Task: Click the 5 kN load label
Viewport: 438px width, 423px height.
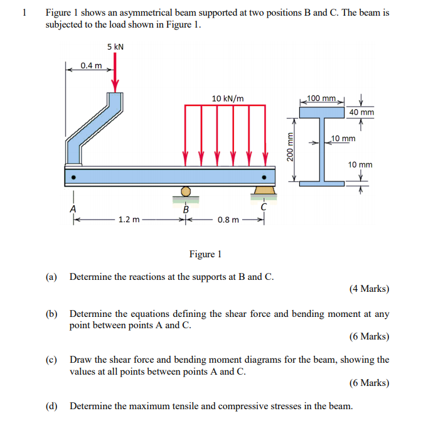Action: pyautogui.click(x=115, y=47)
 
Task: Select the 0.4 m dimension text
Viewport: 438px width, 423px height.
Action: pyautogui.click(x=91, y=65)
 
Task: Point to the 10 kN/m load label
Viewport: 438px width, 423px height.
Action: pyautogui.click(x=228, y=98)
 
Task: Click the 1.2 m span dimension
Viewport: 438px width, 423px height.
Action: pyautogui.click(x=128, y=220)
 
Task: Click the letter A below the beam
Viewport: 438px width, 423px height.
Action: pyautogui.click(x=73, y=208)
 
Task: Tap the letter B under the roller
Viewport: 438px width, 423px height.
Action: pyautogui.click(x=185, y=209)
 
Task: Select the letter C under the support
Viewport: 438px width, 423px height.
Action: pyautogui.click(x=264, y=207)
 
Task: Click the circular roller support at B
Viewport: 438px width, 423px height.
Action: pyautogui.click(x=185, y=191)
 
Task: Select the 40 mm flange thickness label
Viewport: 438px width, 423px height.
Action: pyautogui.click(x=361, y=112)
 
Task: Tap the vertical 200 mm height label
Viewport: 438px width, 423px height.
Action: pyautogui.click(x=290, y=148)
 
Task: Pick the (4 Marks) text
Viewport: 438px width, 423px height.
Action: pyautogui.click(x=368, y=289)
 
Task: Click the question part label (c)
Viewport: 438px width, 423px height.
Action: pyautogui.click(x=51, y=360)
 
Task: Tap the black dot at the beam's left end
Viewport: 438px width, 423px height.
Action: pyautogui.click(x=73, y=177)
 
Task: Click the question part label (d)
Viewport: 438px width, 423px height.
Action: pyautogui.click(x=51, y=406)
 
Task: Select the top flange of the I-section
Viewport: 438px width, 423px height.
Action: pyautogui.click(x=322, y=112)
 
